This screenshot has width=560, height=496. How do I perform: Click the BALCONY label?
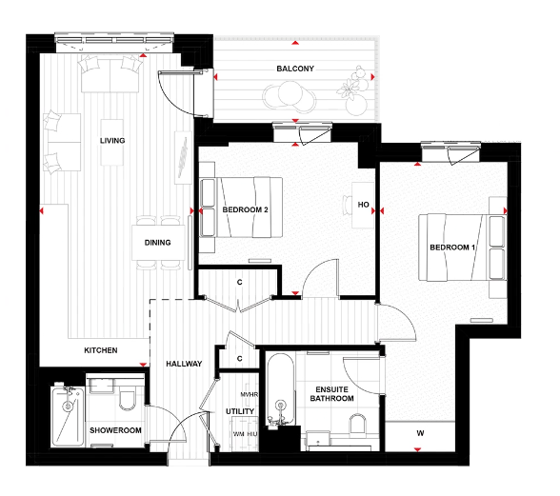coord(295,69)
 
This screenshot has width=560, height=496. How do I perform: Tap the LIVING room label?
coord(112,141)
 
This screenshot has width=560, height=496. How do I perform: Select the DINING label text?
coord(158,243)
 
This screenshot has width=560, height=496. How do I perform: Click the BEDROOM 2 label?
coord(246,209)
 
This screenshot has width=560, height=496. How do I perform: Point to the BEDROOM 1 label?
coord(451,248)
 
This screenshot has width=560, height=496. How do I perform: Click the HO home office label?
coord(363,205)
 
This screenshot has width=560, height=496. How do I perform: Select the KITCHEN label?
coord(101,350)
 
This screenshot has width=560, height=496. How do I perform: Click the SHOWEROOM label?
coord(115,429)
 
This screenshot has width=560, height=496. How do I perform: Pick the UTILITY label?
coord(239,411)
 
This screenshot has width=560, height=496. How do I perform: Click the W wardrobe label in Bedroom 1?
coord(420,434)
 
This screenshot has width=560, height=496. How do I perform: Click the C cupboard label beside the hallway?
coord(240,358)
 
